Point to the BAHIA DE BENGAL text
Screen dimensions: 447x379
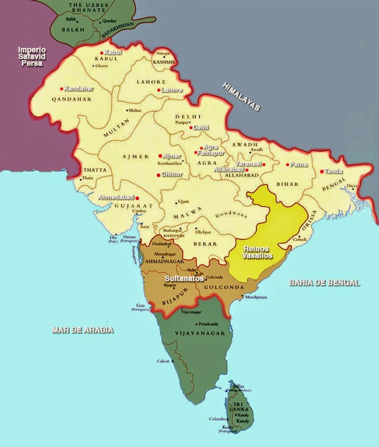tap(324, 283)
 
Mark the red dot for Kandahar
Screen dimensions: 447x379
tap(62, 89)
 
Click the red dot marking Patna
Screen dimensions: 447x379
tap(287, 164)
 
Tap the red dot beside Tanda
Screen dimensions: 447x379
tap(322, 171)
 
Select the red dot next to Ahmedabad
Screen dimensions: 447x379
tap(138, 198)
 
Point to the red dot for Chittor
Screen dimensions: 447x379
tap(159, 175)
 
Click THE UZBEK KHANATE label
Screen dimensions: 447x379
tap(80, 8)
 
